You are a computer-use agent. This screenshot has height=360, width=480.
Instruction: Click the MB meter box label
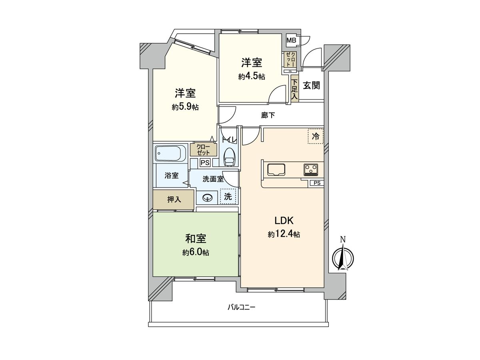coord(291,40)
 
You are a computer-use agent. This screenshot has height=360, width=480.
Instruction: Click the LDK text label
coord(284,220)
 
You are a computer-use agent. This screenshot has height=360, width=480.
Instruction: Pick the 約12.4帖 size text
coord(284,234)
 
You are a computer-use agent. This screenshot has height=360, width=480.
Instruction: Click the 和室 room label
coord(196,239)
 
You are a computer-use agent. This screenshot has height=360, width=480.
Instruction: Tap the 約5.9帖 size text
coord(185,107)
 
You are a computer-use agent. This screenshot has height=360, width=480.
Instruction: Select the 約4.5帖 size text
coord(252,77)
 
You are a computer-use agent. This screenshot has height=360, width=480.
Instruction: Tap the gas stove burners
coord(311,169)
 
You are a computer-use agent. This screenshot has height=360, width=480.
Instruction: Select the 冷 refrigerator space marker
coord(315,136)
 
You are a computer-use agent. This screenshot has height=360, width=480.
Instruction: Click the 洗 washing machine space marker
coord(228,196)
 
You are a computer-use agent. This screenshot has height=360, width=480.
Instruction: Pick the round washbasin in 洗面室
coord(208,197)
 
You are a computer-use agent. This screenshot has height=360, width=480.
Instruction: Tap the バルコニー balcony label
coord(241,307)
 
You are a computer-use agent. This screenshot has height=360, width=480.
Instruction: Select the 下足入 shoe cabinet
coord(294,89)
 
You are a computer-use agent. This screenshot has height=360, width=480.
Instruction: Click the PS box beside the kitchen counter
coord(317,183)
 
